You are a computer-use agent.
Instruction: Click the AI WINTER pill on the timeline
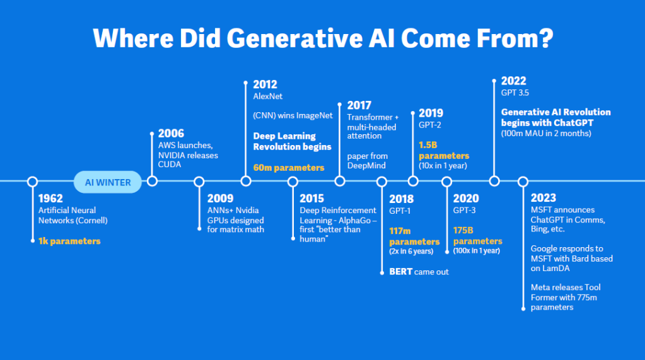tap(108, 182)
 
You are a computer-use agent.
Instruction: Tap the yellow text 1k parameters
tap(69, 241)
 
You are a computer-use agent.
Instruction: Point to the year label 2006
tap(171, 134)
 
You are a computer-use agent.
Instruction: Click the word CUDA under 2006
tap(170, 164)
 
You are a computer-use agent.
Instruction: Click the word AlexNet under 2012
tap(268, 96)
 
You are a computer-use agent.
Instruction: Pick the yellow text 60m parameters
tap(289, 168)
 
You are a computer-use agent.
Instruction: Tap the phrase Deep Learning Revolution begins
tap(292, 141)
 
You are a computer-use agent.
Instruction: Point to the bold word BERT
tap(401, 272)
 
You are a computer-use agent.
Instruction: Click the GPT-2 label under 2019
tap(431, 125)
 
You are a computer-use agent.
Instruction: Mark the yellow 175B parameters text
tap(477, 236)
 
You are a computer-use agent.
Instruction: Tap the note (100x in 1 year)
tap(476, 251)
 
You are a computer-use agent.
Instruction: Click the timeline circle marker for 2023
tap(523, 182)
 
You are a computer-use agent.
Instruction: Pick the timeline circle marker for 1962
tap(33, 182)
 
